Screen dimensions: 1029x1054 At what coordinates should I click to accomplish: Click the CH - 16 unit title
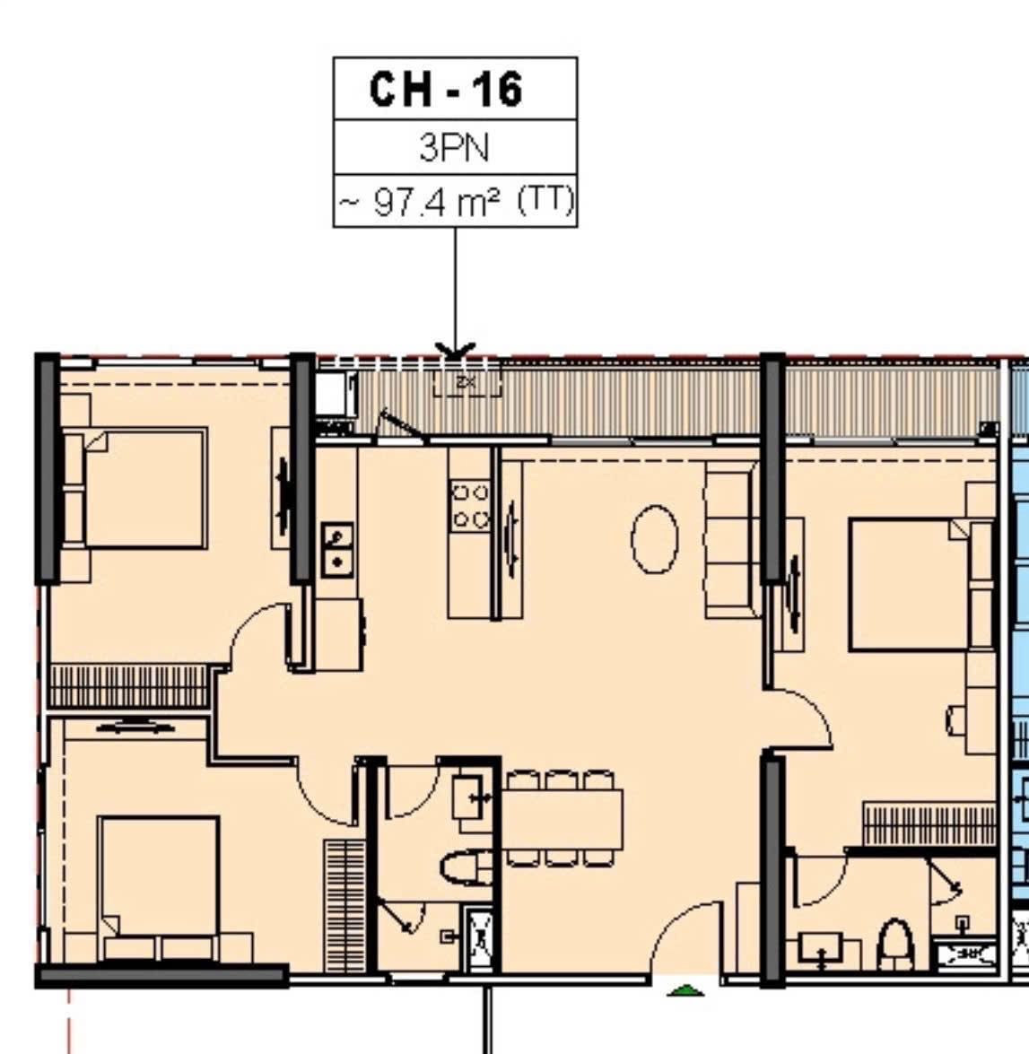point(446,90)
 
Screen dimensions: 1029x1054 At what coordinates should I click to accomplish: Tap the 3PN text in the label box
point(454,147)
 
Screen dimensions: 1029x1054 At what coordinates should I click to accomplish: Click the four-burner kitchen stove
point(470,506)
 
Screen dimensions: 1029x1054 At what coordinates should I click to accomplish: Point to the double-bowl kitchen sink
point(338,550)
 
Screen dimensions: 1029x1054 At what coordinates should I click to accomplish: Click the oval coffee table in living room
point(655,539)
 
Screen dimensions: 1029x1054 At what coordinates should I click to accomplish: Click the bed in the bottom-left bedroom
point(159,887)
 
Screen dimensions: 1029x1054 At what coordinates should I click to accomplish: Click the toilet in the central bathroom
point(467,867)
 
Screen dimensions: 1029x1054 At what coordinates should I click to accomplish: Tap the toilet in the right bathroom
point(895,945)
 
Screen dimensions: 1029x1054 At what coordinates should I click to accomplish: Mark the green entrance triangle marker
point(685,989)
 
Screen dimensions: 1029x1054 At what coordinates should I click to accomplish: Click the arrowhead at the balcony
point(455,350)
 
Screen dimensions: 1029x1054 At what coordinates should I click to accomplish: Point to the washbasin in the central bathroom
point(470,797)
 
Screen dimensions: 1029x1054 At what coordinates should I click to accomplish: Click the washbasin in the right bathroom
point(821,948)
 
